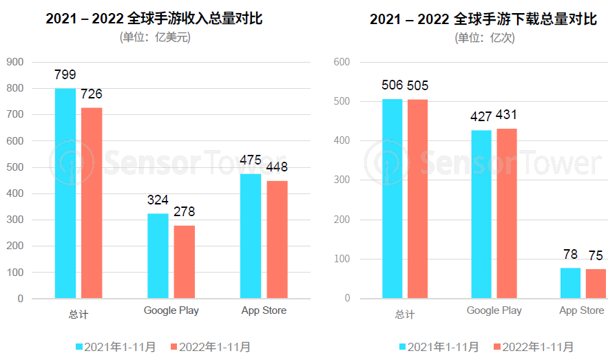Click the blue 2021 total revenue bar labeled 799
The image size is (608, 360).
tap(65, 193)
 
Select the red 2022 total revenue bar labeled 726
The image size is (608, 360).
tap(92, 203)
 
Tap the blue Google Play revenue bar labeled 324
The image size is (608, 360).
tap(158, 256)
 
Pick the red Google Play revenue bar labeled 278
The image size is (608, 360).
tap(184, 262)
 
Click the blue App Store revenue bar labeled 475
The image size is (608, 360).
tap(251, 236)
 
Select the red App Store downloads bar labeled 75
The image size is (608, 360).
tap(596, 284)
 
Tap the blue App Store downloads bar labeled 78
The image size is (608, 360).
tap(570, 283)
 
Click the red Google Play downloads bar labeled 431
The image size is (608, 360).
tap(507, 213)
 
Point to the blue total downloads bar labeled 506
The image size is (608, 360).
tap(392, 199)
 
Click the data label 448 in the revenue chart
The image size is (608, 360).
tap(277, 167)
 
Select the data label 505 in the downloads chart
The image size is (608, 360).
tap(418, 86)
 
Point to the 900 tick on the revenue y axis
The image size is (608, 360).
tap(15, 62)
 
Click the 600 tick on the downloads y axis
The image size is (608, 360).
tap(342, 62)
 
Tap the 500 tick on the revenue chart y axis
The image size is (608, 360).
tap(15, 167)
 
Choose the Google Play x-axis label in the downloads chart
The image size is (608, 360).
tap(494, 310)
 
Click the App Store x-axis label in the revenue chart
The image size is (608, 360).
tap(264, 310)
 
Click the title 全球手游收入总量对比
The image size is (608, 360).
tap(154, 19)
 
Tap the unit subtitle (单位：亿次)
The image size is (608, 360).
tap(485, 38)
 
